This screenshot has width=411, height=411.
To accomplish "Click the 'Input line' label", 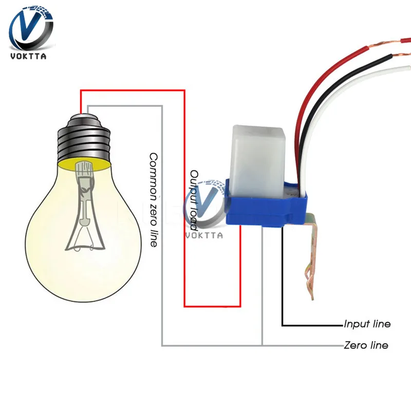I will (x=367, y=324).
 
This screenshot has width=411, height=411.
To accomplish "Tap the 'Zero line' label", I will (x=366, y=345).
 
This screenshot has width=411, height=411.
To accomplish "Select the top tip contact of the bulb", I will (x=82, y=110).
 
